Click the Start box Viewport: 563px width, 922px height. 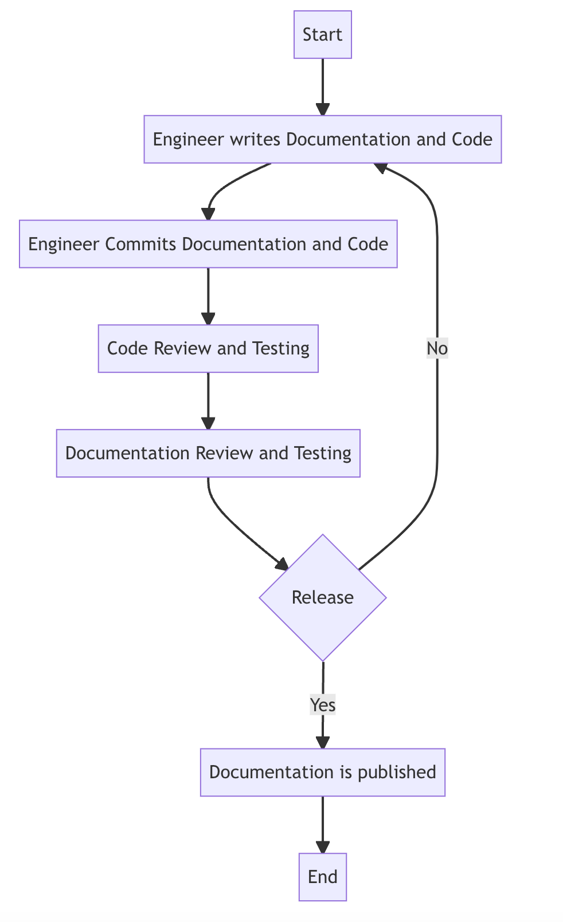pyautogui.click(x=322, y=35)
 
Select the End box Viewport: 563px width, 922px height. pyautogui.click(x=322, y=877)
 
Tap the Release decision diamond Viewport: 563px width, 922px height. pyautogui.click(x=322, y=598)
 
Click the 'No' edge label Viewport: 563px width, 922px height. pyautogui.click(x=437, y=348)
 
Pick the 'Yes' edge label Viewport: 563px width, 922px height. pyautogui.click(x=322, y=705)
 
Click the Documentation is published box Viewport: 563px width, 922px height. pyautogui.click(x=322, y=772)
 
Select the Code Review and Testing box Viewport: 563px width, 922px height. pyautogui.click(x=208, y=348)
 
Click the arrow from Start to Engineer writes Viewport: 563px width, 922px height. pyautogui.click(x=323, y=86)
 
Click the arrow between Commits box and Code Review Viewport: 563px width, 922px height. pyautogui.click(x=208, y=295)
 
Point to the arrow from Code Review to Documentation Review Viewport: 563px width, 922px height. pyautogui.click(x=208, y=400)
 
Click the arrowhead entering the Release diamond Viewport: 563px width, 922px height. pyautogui.click(x=282, y=565)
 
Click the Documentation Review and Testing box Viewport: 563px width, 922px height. pyautogui.click(x=208, y=453)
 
